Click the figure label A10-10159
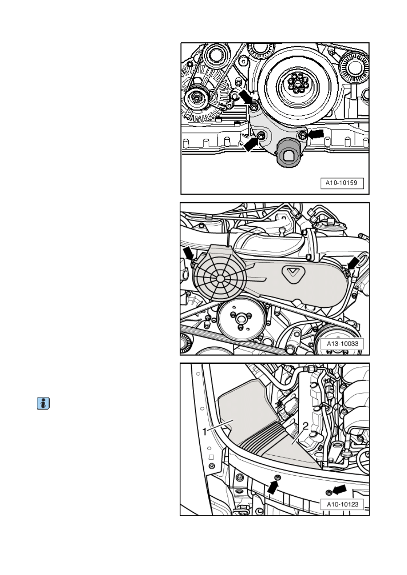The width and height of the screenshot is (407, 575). [342, 183]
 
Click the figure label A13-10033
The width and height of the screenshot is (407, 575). [342, 343]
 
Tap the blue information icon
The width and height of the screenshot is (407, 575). [43, 403]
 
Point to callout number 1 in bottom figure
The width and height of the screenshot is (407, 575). [205, 432]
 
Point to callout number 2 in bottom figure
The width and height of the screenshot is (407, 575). [305, 427]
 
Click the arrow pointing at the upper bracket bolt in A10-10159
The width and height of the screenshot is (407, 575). [246, 97]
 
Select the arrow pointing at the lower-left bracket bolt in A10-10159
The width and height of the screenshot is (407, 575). [251, 144]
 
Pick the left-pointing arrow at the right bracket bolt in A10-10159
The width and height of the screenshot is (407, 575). [316, 134]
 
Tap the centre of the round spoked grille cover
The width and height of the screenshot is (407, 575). [220, 278]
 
